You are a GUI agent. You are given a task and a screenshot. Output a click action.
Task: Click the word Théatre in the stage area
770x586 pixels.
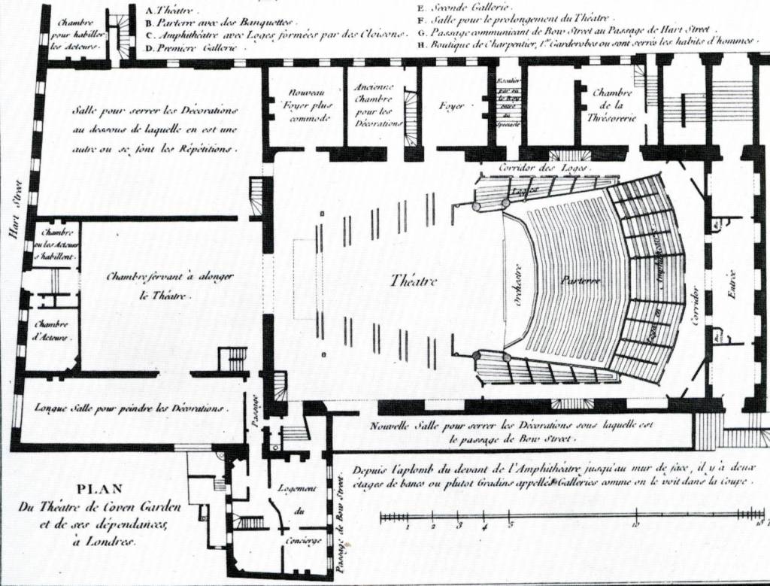click(x=414, y=281)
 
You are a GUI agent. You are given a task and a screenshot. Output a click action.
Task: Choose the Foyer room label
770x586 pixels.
click(x=451, y=106)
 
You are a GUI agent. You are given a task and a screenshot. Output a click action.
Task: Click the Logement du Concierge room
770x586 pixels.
click(x=298, y=512)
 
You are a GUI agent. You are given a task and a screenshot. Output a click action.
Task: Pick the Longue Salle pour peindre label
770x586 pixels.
click(x=131, y=408)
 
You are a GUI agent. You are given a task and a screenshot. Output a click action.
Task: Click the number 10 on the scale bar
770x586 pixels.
click(x=635, y=525)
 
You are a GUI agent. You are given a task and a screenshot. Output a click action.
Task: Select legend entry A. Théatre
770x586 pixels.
click(x=169, y=11)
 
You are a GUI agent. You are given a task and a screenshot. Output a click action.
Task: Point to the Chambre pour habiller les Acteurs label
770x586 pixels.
click(x=76, y=35)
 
